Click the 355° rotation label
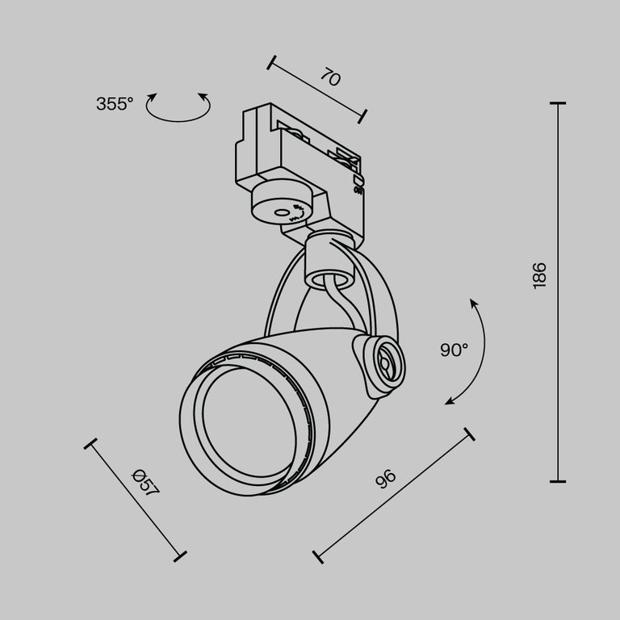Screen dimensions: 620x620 click(114, 104)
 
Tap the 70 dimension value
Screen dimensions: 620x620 click(329, 77)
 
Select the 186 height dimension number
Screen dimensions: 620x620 click(540, 275)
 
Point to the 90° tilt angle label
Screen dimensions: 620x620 click(454, 350)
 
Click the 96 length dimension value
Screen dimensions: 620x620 click(386, 479)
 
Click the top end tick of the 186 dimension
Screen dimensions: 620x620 click(557, 103)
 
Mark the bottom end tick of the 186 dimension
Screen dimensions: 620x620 click(557, 481)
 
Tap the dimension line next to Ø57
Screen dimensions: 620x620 click(135, 498)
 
